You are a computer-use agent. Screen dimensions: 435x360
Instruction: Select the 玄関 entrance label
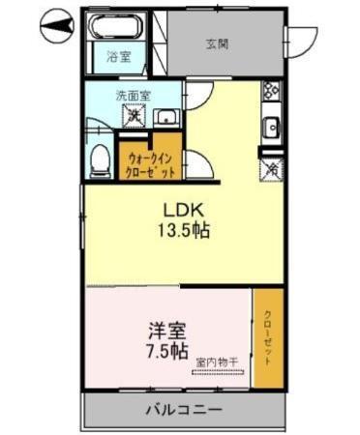(218, 43)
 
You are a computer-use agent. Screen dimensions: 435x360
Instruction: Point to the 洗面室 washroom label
(132, 96)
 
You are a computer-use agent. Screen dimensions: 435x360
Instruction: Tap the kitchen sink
(272, 127)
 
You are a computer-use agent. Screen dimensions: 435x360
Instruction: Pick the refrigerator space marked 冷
(272, 166)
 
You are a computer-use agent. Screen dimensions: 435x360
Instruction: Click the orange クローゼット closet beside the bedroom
(268, 339)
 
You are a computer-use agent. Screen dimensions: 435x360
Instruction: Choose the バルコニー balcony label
(183, 409)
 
